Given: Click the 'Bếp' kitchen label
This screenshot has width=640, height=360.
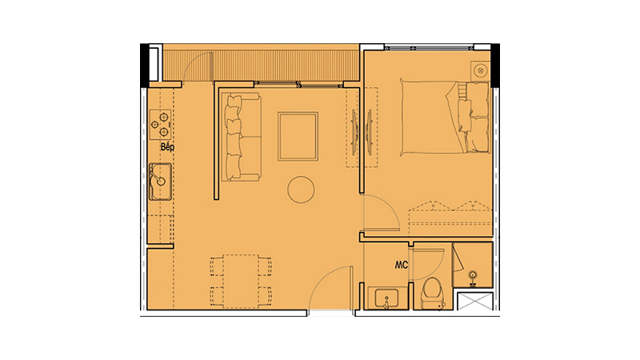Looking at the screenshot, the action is click(x=167, y=147).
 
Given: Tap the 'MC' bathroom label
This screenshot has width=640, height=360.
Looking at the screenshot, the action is click(x=402, y=266).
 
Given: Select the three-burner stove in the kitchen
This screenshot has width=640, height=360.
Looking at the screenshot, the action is click(x=160, y=125).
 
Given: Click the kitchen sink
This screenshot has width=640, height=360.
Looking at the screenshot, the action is click(x=161, y=182).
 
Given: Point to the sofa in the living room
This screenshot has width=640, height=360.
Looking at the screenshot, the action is click(x=241, y=137).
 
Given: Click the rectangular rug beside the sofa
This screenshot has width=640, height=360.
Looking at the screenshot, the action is click(x=298, y=136).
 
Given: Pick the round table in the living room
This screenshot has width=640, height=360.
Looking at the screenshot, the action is click(x=301, y=190).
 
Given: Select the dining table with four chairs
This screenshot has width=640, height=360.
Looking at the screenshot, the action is click(x=241, y=282).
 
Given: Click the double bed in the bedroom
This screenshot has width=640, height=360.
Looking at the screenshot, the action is click(x=445, y=118).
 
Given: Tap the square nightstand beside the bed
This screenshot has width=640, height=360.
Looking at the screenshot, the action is click(x=481, y=70).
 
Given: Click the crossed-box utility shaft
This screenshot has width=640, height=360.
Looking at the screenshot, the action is click(x=475, y=302).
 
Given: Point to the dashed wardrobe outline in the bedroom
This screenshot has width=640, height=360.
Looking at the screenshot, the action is click(x=450, y=213).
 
